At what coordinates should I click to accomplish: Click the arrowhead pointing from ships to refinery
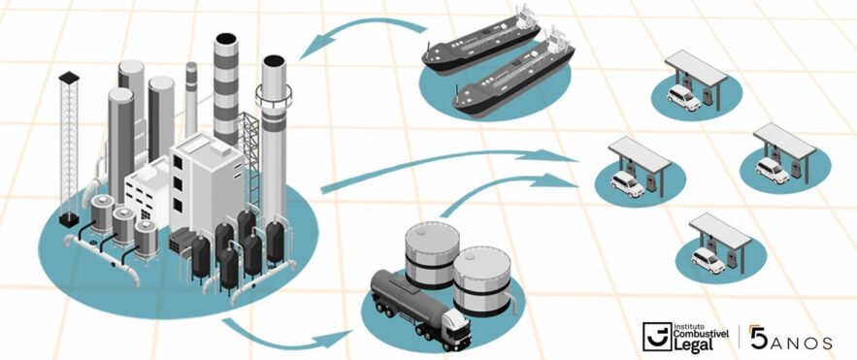point(315,49)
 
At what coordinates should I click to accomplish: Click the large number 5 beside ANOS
point(758,337)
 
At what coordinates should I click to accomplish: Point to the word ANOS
point(801,343)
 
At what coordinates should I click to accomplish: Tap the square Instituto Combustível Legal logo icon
point(656,337)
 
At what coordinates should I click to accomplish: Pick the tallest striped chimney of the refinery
point(226,89)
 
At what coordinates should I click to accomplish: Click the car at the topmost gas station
point(683,97)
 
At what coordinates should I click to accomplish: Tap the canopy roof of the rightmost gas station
point(784,141)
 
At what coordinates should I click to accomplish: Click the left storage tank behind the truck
point(432,255)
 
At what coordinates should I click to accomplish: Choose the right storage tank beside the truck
point(482,280)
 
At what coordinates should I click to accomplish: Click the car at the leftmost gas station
point(627,183)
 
